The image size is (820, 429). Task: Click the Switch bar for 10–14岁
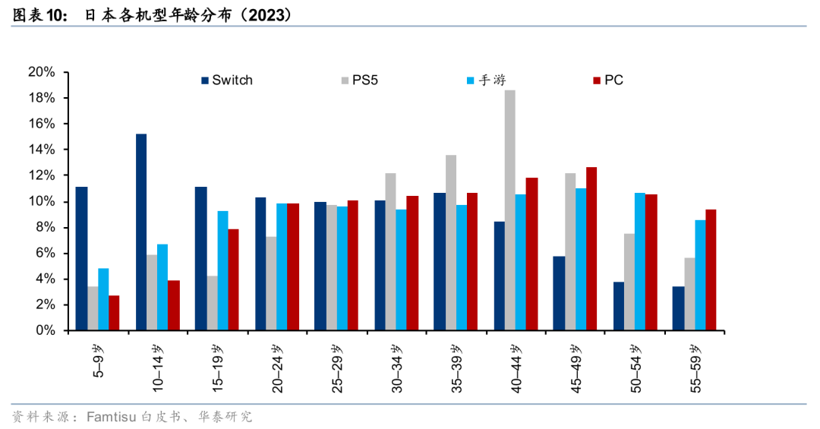tap(141, 232)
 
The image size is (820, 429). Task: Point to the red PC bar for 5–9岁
tap(114, 313)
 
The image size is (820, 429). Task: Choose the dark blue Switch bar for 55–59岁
tap(678, 308)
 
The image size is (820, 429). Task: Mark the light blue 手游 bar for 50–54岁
tap(640, 262)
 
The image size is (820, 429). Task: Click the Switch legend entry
tap(227, 80)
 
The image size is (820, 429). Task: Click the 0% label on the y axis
tap(45, 330)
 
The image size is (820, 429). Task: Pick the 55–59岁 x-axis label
tap(695, 367)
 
